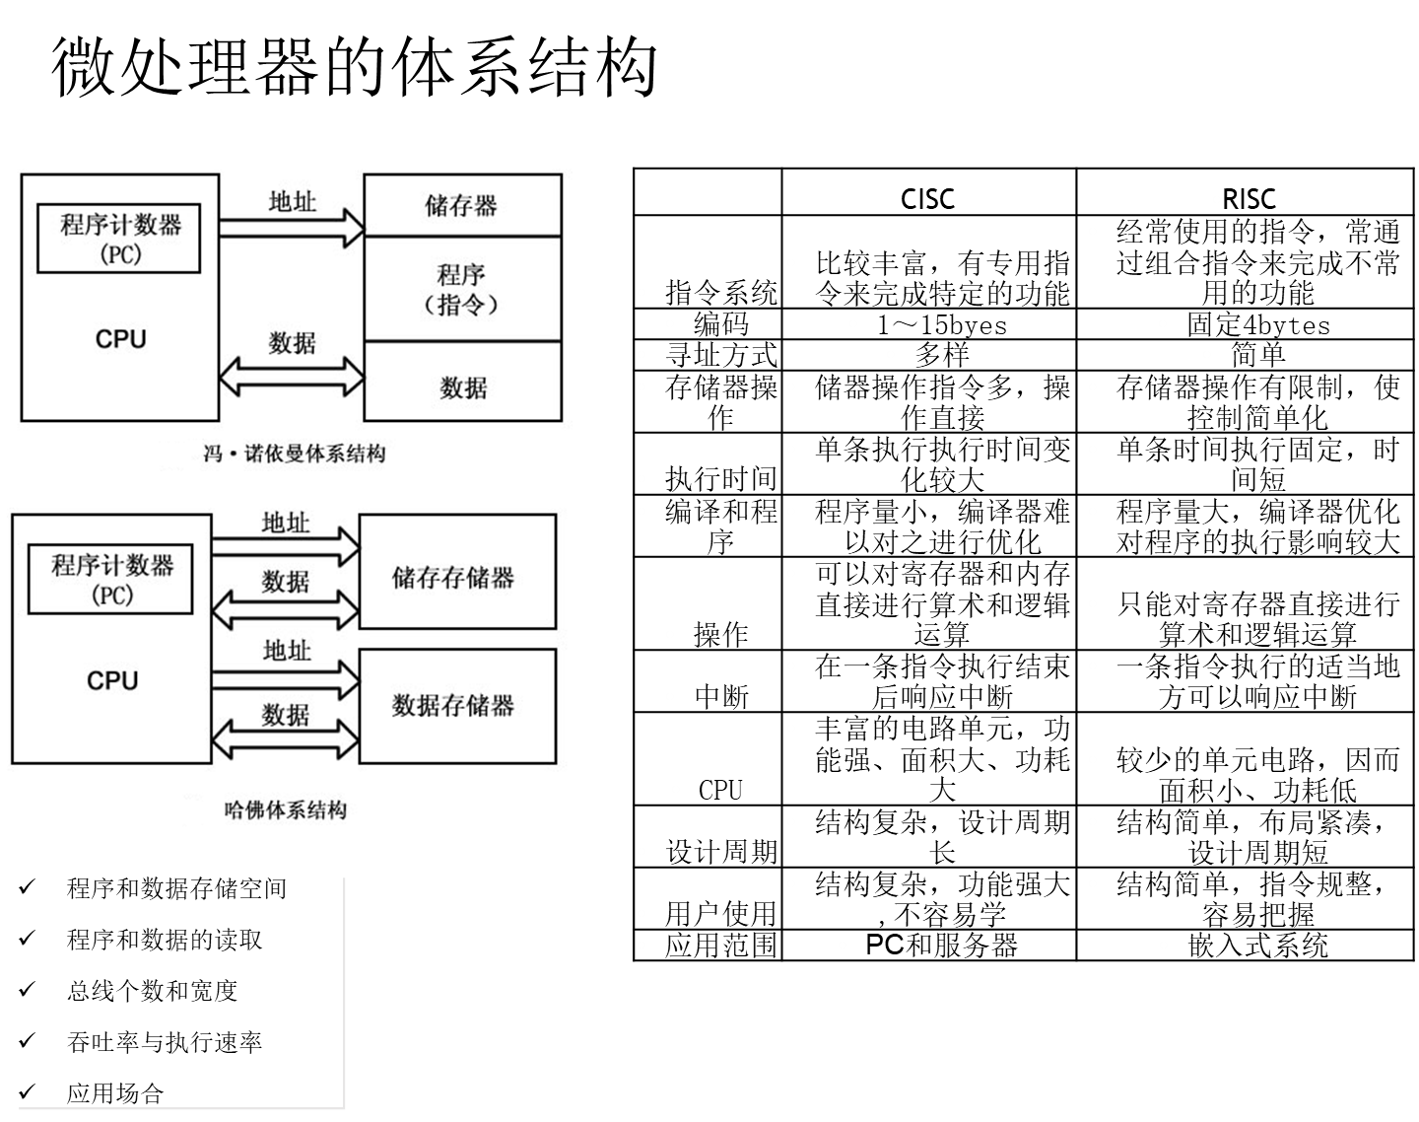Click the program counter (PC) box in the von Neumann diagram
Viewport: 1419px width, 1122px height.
[118, 238]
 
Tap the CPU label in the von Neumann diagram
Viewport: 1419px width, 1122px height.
[120, 339]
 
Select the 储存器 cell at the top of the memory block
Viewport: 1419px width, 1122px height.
[461, 205]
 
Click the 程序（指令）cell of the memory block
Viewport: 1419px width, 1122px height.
[461, 288]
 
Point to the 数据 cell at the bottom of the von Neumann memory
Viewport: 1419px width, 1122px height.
[462, 386]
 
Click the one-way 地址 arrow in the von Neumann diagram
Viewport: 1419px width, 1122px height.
[292, 228]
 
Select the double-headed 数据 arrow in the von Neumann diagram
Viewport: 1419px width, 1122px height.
[292, 376]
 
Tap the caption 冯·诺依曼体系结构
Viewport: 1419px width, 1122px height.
[294, 454]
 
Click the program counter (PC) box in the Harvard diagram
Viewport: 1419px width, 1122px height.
[111, 579]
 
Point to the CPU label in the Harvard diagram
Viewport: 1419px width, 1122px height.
[112, 680]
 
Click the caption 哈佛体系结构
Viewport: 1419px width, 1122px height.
[286, 809]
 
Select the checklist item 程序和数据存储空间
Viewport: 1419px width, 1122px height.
[176, 888]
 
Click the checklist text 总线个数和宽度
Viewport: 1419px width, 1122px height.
[152, 991]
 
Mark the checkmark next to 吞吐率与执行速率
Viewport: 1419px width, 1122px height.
[27, 1040]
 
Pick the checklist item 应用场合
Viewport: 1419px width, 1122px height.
[115, 1093]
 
